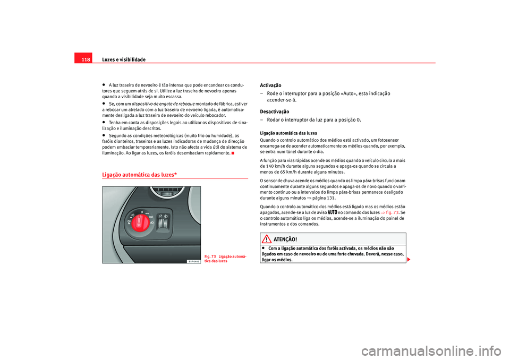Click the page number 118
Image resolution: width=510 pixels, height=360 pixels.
86,59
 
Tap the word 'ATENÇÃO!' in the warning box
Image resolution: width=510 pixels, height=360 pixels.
285,239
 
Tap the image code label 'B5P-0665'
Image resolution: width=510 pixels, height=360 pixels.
193,261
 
